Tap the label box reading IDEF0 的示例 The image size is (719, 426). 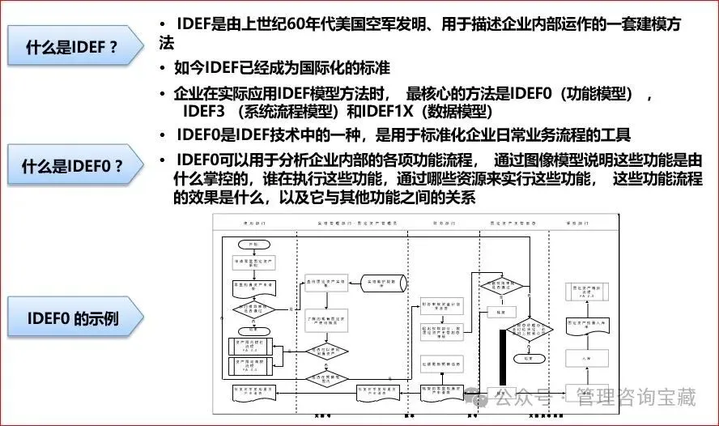click(72, 318)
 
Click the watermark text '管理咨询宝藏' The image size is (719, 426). click(636, 397)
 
